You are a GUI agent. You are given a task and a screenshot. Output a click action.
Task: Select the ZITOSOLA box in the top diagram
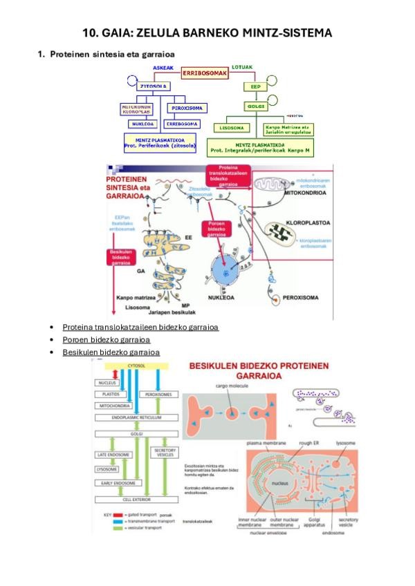(155, 86)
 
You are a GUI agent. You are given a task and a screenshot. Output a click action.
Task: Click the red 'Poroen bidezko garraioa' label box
(214, 233)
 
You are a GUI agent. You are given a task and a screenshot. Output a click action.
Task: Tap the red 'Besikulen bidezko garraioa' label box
(122, 257)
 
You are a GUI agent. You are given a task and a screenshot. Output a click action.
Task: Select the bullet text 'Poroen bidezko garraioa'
(106, 339)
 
